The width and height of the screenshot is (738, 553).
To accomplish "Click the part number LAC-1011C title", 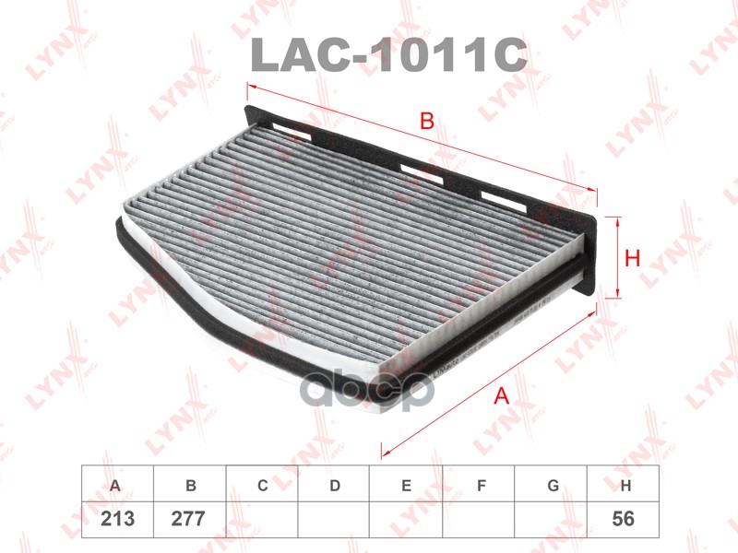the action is click(x=388, y=55).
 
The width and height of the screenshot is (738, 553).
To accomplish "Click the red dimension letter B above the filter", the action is click(x=427, y=122).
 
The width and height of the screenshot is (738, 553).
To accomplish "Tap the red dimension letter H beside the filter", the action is click(x=632, y=258).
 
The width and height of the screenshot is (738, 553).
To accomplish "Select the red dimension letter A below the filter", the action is click(x=502, y=395).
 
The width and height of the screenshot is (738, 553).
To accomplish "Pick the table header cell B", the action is click(x=190, y=484).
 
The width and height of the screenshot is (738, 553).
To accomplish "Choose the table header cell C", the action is click(x=262, y=484).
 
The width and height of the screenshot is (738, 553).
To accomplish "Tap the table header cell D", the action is click(x=334, y=484).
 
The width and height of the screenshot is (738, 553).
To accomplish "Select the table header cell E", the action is click(x=406, y=484).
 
